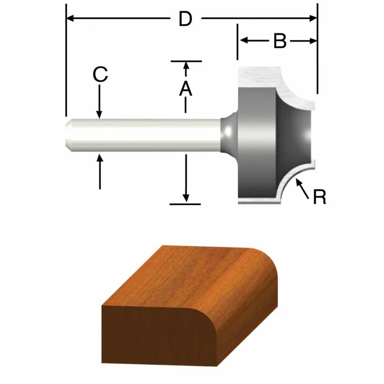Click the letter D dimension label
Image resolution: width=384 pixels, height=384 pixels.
tap(185, 19)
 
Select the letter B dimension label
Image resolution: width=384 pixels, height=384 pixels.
tap(280, 41)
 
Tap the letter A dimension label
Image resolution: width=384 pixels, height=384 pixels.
tap(186, 88)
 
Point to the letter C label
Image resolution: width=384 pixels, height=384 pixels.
tap(99, 75)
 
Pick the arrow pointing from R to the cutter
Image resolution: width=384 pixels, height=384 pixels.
tap(301, 187)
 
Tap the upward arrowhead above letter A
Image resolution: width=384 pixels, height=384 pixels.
tap(186, 67)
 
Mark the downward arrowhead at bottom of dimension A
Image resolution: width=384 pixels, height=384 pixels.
tap(186, 197)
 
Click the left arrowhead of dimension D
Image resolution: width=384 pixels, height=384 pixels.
tap(70, 19)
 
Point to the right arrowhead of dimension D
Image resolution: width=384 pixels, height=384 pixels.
tap(313, 19)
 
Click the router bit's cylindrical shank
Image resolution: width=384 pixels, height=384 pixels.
tap(143, 133)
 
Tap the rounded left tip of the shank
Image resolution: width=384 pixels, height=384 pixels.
tap(68, 133)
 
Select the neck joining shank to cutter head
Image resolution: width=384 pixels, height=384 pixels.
tap(227, 133)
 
